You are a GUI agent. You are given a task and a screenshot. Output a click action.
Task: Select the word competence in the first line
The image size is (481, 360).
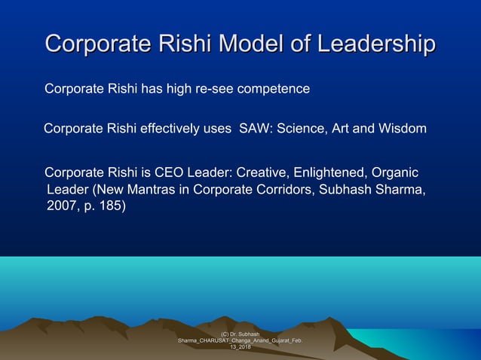(x=273, y=89)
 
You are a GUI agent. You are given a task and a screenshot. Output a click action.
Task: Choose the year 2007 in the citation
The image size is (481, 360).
(x=61, y=205)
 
